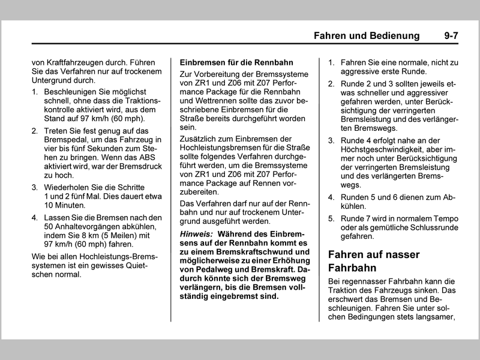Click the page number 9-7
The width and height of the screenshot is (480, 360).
(x=451, y=36)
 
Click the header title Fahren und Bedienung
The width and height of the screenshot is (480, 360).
(x=367, y=36)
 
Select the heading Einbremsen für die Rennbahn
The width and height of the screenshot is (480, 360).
(x=236, y=62)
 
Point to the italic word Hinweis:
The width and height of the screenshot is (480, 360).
(x=197, y=233)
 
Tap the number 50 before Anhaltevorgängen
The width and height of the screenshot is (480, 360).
(x=49, y=226)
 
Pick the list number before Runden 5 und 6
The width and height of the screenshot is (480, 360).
(x=331, y=197)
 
